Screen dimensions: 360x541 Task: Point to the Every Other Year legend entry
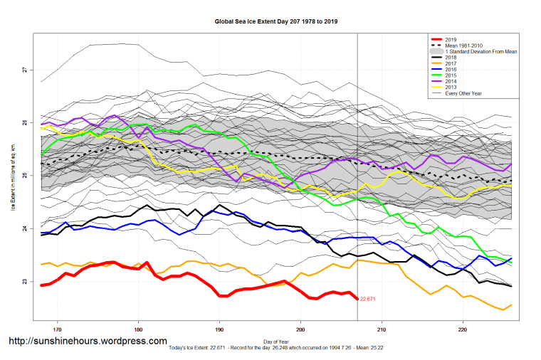pos(463,93)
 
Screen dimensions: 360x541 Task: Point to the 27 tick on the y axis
pos(23,70)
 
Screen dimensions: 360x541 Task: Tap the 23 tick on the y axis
pos(23,282)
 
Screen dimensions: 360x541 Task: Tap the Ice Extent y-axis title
pos(12,178)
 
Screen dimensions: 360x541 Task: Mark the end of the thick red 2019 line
pos(357,298)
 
